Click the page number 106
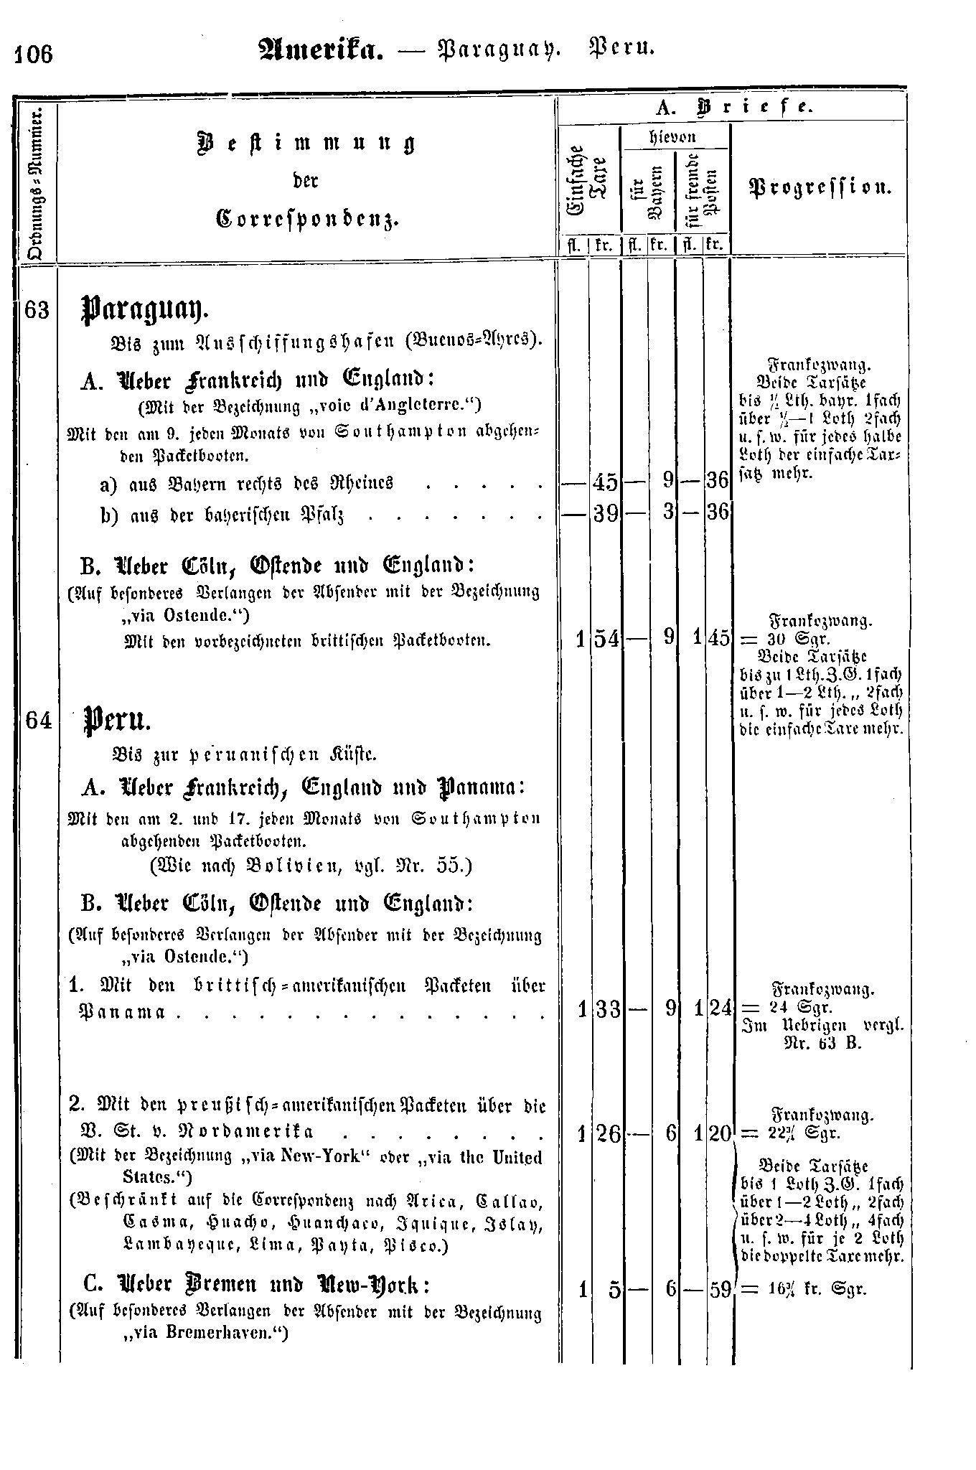coord(32,55)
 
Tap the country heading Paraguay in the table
coord(144,309)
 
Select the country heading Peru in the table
coord(117,719)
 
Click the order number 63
coord(37,311)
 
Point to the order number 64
coord(37,719)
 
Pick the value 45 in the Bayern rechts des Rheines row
coord(605,482)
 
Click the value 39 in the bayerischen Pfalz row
coord(605,513)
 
